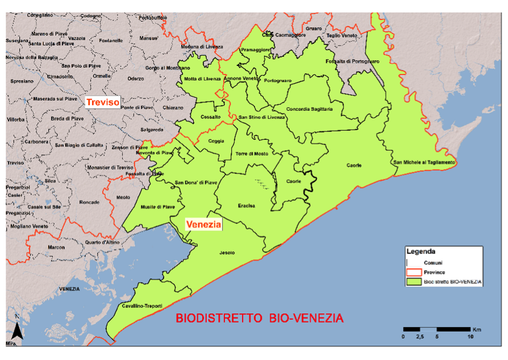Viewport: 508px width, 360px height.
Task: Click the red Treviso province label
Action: pyautogui.click(x=102, y=102)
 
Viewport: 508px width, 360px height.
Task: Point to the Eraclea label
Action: pyautogui.click(x=246, y=206)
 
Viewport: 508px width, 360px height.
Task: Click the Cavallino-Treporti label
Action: pyautogui.click(x=139, y=306)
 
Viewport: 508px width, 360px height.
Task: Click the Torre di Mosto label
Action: pyautogui.click(x=251, y=154)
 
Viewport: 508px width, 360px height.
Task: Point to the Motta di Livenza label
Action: pyautogui.click(x=202, y=78)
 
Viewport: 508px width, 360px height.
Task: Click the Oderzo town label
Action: pyautogui.click(x=136, y=78)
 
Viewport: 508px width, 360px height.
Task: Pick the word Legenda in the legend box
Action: pyautogui.click(x=421, y=251)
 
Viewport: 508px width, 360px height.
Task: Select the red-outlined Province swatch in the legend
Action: pyautogui.click(x=414, y=272)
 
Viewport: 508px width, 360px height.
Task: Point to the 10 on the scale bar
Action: pyautogui.click(x=470, y=337)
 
